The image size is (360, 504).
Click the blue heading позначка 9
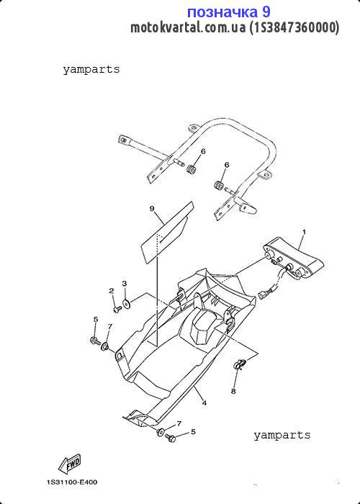(228, 12)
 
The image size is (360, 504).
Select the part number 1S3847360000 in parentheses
(294, 27)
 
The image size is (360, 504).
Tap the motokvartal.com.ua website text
(188, 27)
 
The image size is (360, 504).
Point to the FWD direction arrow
(69, 463)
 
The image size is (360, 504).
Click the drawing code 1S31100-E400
(72, 482)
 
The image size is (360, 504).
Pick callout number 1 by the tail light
(304, 232)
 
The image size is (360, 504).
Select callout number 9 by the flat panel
(152, 209)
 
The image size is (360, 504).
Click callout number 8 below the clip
(233, 391)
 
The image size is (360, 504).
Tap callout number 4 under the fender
(204, 402)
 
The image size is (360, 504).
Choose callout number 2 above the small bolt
(111, 291)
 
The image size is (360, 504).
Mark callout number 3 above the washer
(125, 283)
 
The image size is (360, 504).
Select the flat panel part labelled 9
(167, 232)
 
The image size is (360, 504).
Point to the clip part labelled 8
(240, 364)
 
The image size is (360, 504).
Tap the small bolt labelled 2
(117, 309)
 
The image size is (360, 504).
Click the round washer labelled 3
(126, 303)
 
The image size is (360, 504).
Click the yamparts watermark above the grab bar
(91, 69)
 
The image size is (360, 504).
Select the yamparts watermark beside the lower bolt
(282, 435)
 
